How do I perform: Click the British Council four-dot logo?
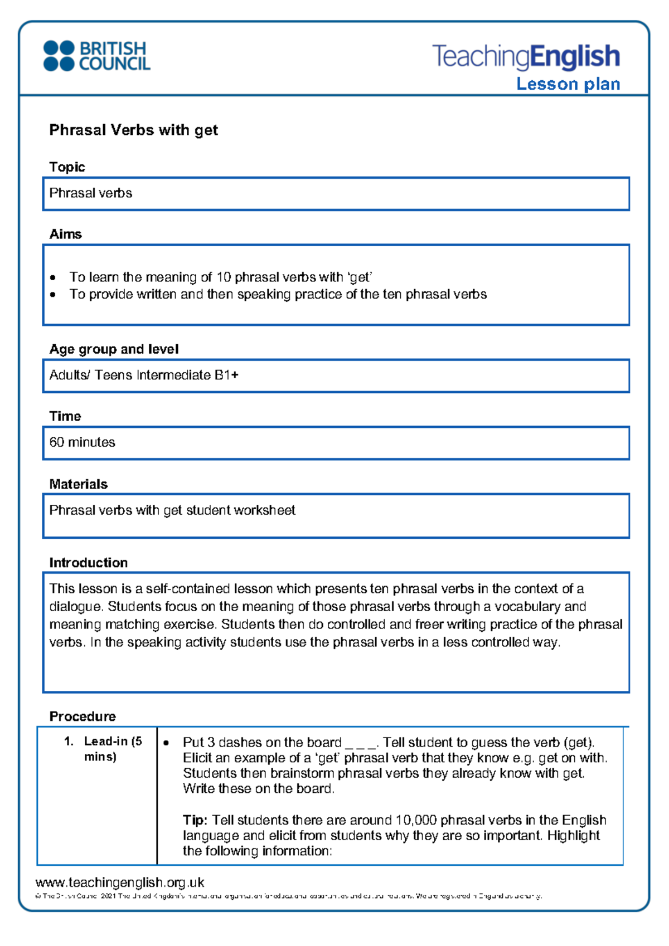pos(59,56)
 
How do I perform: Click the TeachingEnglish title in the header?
pos(526,56)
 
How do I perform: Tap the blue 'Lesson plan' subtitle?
pos(568,84)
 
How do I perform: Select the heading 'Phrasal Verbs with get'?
pos(133,130)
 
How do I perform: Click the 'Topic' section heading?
pos(67,167)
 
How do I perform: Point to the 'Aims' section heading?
pos(65,234)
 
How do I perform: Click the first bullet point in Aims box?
pos(53,277)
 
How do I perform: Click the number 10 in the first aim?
pos(223,277)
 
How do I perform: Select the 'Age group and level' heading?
pos(114,349)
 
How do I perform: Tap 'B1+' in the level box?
pos(226,375)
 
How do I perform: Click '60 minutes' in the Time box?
pos(82,442)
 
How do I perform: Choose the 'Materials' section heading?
pos(78,484)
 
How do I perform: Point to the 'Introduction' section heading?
pos(88,563)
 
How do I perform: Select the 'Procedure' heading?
pos(83,716)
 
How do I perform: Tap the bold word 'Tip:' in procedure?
pos(195,820)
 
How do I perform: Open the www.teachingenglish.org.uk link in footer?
pos(120,882)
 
